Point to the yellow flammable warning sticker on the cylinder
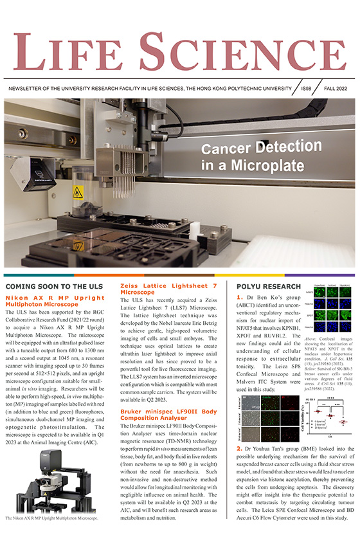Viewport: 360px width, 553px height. (77, 192)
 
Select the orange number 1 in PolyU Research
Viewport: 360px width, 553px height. (240, 298)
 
